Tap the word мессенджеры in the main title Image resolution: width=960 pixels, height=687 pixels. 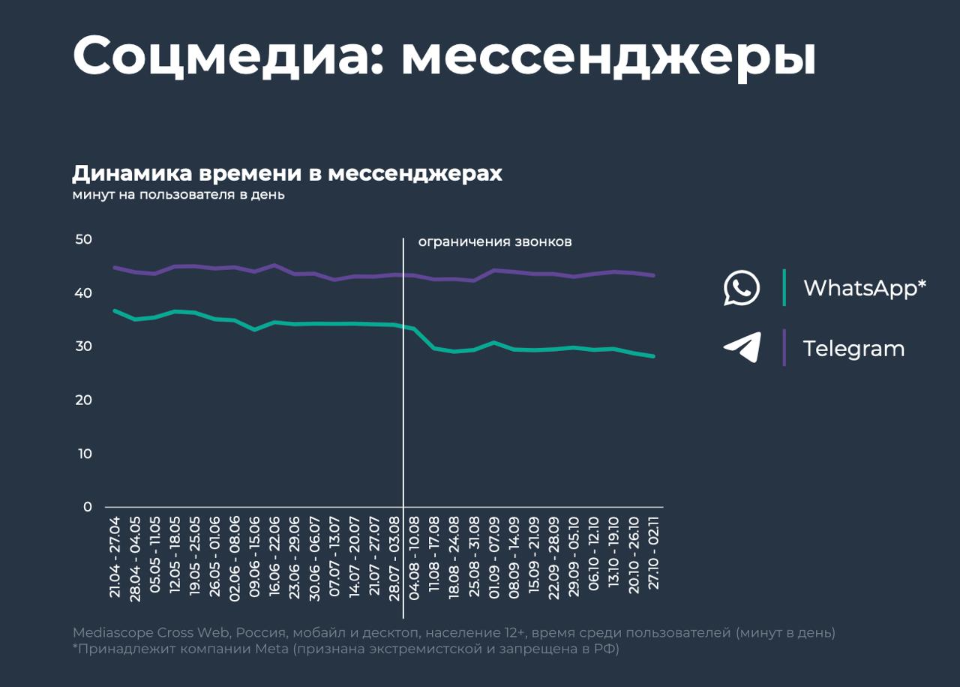[608, 56]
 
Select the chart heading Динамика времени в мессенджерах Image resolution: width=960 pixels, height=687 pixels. [287, 173]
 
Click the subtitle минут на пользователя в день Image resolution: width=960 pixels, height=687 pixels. [178, 195]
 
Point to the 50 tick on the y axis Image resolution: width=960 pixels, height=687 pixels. [83, 239]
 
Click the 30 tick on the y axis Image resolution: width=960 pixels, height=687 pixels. [83, 346]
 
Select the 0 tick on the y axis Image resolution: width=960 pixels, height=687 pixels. [88, 507]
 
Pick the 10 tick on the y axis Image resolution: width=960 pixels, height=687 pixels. [83, 454]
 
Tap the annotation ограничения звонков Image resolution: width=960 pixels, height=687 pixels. [495, 241]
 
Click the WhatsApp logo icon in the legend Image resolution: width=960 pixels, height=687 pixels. [741, 288]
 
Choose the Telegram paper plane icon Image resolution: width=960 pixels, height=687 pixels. [742, 348]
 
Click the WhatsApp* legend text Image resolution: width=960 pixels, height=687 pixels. [865, 288]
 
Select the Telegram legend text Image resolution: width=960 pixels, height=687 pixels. [853, 349]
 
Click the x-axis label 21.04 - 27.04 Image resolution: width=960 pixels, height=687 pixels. [115, 556]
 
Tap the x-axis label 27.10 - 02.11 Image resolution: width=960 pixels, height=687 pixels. [653, 556]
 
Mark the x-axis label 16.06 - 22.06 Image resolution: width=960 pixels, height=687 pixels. [274, 556]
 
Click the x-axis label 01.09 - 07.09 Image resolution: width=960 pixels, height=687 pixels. [494, 556]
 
